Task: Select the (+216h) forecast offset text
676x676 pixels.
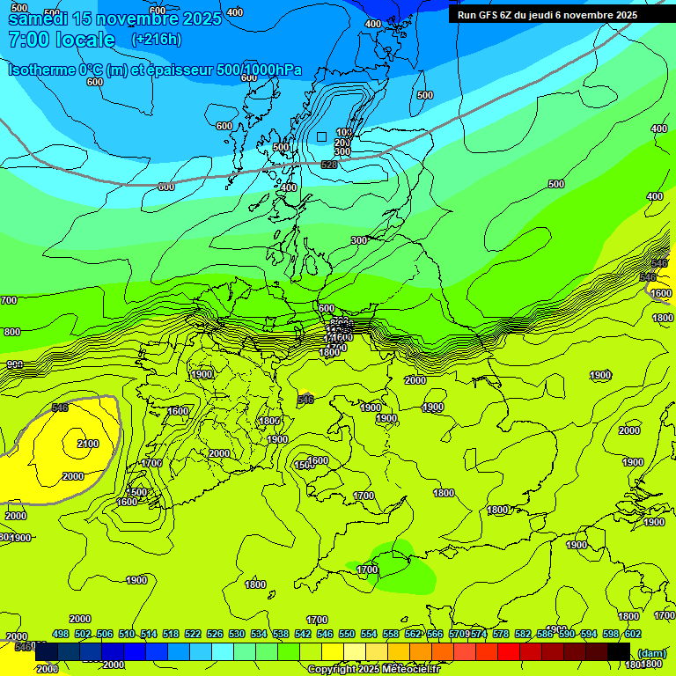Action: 157,40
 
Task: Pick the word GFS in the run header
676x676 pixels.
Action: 493,15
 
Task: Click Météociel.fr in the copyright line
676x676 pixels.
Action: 406,670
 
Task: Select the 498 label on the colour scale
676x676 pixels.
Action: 61,634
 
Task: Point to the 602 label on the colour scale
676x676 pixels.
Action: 633,634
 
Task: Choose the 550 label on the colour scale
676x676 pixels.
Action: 347,634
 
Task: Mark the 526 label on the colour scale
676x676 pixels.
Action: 215,634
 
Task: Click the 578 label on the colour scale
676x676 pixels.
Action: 501,634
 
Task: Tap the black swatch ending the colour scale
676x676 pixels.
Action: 619,651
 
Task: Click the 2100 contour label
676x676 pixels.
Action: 88,444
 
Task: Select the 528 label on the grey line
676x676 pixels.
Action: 329,165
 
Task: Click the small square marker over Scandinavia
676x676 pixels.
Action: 322,136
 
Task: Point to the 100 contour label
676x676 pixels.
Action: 344,133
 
